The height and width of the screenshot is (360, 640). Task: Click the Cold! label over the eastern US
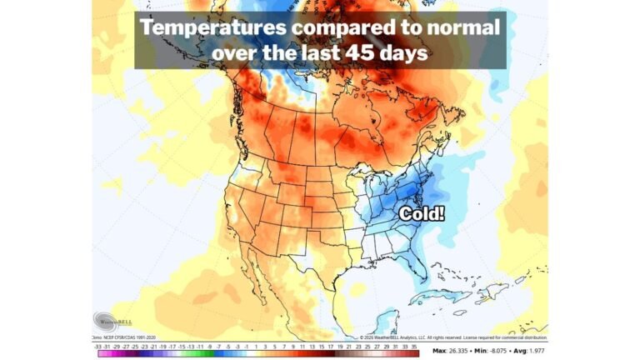[422, 213]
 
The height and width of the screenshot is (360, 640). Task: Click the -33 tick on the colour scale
[99, 344]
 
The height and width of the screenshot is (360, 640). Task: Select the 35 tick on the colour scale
[414, 344]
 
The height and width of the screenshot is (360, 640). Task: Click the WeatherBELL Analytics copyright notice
[433, 337]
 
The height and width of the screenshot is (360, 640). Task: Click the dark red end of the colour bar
[413, 352]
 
